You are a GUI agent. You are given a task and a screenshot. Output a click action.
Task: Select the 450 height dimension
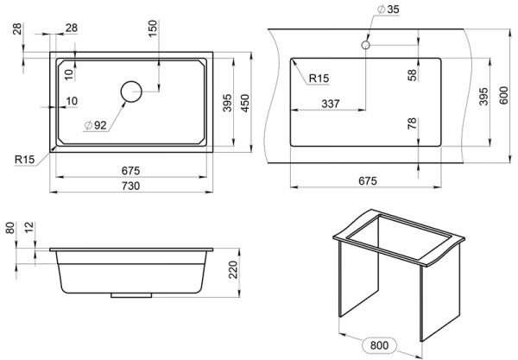pos(245,104)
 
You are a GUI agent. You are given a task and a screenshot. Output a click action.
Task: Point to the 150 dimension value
pos(153,28)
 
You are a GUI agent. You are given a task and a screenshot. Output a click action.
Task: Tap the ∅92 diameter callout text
pos(95,125)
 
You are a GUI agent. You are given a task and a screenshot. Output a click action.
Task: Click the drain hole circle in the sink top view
pos(131,91)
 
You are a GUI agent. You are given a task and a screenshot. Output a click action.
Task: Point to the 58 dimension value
pos(413,75)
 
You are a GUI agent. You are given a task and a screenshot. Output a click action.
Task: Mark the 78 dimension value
pos(413,126)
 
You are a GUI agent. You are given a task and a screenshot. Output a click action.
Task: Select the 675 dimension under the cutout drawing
pos(368,180)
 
